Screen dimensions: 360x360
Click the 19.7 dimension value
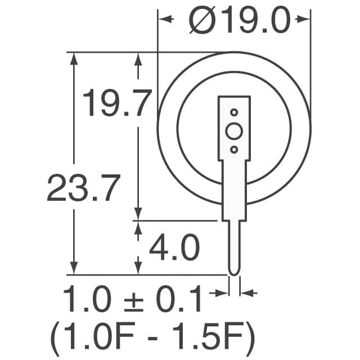pos(118,103)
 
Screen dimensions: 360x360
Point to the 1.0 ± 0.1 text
pos(133,301)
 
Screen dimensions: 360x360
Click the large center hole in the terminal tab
pos(233,132)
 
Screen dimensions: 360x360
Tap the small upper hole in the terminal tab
pos(233,112)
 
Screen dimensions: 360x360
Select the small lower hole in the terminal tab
pos(233,150)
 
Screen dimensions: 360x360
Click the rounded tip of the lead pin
pos(234,272)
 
